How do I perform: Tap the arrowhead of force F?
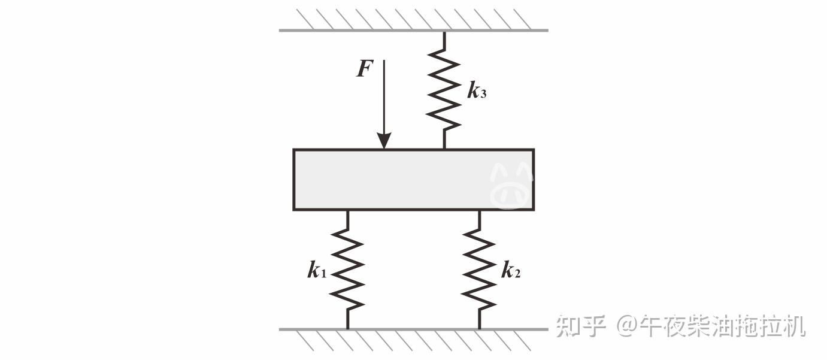point(384,141)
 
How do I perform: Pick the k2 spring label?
point(510,271)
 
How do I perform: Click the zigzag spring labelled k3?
point(444,90)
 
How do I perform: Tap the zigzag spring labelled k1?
point(348,270)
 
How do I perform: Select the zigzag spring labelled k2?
point(479,270)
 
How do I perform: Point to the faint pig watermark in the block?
point(511,184)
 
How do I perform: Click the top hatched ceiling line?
point(413,30)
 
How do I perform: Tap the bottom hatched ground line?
point(413,329)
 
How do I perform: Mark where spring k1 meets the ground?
point(348,328)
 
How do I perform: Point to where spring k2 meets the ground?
point(479,328)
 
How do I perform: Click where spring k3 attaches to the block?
point(444,148)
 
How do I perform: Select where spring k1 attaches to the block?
point(348,211)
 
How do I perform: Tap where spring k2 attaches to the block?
point(479,211)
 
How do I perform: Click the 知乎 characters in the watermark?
point(580,326)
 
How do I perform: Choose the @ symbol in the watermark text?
point(626,326)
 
